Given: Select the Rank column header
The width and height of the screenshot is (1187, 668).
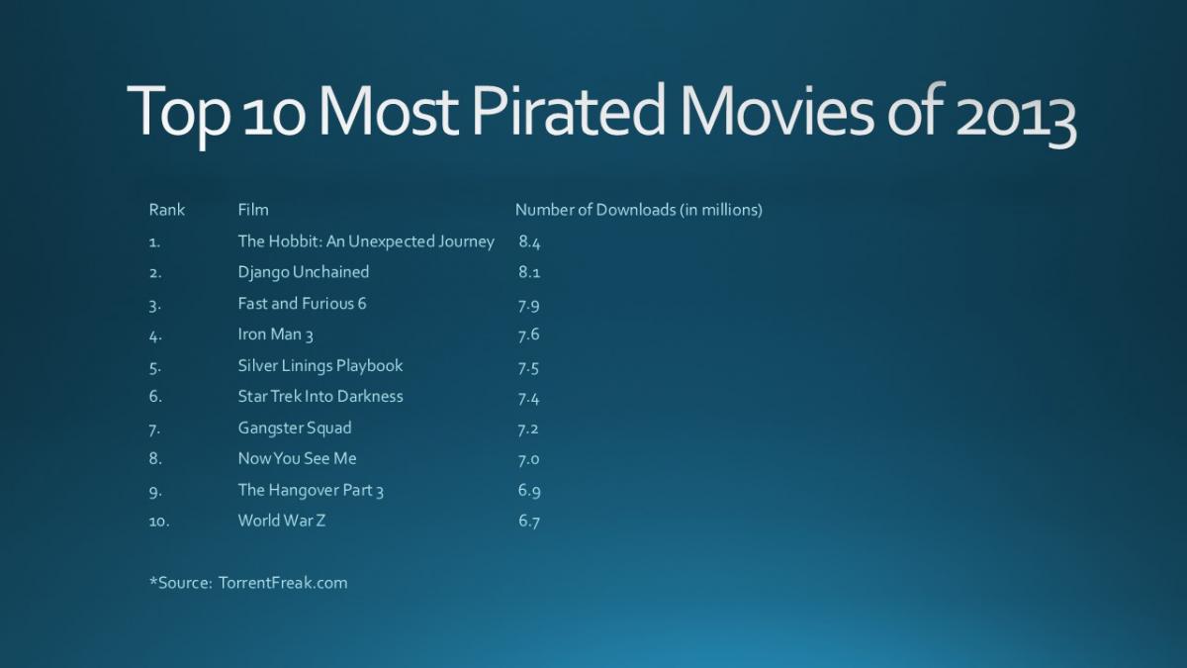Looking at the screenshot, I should click(166, 210).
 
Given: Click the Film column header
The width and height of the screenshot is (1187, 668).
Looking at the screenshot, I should click(253, 210).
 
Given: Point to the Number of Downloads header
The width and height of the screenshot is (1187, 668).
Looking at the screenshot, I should click(638, 210).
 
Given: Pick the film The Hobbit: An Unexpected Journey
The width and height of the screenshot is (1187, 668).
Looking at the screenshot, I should click(365, 240).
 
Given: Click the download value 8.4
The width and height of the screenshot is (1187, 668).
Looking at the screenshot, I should click(529, 241).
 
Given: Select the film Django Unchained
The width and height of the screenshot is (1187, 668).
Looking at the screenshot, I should click(303, 272).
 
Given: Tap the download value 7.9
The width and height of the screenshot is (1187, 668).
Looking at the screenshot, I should click(528, 305).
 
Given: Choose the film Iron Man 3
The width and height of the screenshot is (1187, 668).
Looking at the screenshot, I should click(275, 334).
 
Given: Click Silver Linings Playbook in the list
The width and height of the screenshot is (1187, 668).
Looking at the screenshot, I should click(320, 366).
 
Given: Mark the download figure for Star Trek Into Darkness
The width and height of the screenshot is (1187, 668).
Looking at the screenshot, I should click(528, 398).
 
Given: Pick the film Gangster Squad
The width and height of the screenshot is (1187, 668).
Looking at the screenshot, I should click(294, 429).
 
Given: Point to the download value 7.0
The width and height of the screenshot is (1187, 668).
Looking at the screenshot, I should click(528, 459).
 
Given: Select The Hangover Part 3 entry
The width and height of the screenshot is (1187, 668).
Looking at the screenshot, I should click(310, 490).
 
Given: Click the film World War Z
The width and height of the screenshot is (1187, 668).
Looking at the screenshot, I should click(281, 521).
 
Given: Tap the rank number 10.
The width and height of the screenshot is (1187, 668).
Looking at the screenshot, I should click(158, 522).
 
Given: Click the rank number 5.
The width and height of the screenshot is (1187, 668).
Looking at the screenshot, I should click(154, 367).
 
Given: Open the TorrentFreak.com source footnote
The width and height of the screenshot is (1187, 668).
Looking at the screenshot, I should click(248, 583).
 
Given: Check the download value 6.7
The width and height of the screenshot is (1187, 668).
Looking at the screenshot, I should click(528, 522).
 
